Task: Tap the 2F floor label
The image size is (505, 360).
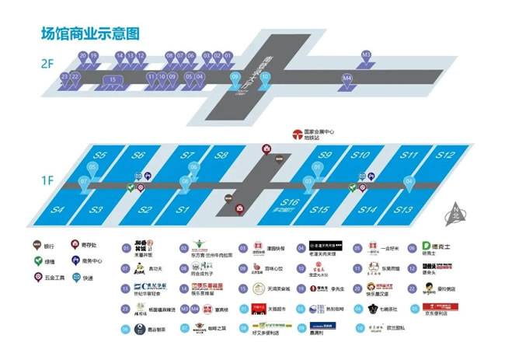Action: coord(47,61)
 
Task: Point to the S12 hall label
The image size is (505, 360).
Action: coord(444,156)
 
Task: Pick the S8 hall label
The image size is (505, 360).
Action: coord(223,156)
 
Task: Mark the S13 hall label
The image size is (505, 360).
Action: coord(403,210)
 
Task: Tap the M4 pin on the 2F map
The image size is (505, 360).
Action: coord(347,79)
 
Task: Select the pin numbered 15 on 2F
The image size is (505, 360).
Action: coord(113,79)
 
